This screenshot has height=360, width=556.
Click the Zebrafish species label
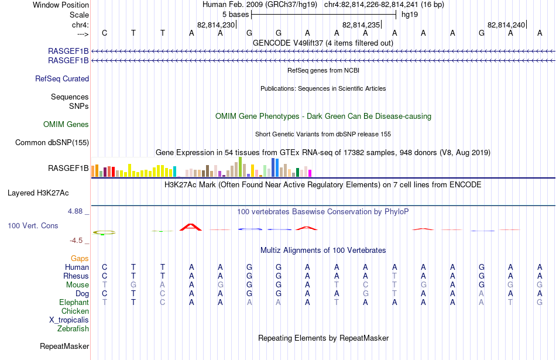(73, 328)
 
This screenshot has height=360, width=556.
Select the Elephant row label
(74, 302)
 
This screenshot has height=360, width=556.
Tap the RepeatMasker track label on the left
(64, 346)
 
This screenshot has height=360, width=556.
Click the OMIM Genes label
(66, 124)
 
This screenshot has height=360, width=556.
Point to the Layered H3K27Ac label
(38, 193)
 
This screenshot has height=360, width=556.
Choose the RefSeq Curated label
(62, 79)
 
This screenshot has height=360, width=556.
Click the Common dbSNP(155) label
(52, 143)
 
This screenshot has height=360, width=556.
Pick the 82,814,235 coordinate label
(361, 25)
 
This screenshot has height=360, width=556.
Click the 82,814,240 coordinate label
(506, 25)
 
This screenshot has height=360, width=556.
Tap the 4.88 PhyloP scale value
(75, 211)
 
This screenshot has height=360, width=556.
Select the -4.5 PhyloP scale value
(76, 241)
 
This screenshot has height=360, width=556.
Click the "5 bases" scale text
(235, 15)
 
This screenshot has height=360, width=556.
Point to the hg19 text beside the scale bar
(410, 15)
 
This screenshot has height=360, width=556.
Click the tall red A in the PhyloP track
(191, 227)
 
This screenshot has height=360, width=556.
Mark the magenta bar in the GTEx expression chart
(310, 173)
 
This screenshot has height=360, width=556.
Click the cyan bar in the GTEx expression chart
(175, 172)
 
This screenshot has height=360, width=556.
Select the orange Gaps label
(80, 259)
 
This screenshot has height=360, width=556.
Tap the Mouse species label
(77, 285)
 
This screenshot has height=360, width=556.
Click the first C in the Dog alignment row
(104, 294)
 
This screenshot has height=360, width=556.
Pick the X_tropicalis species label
(69, 320)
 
